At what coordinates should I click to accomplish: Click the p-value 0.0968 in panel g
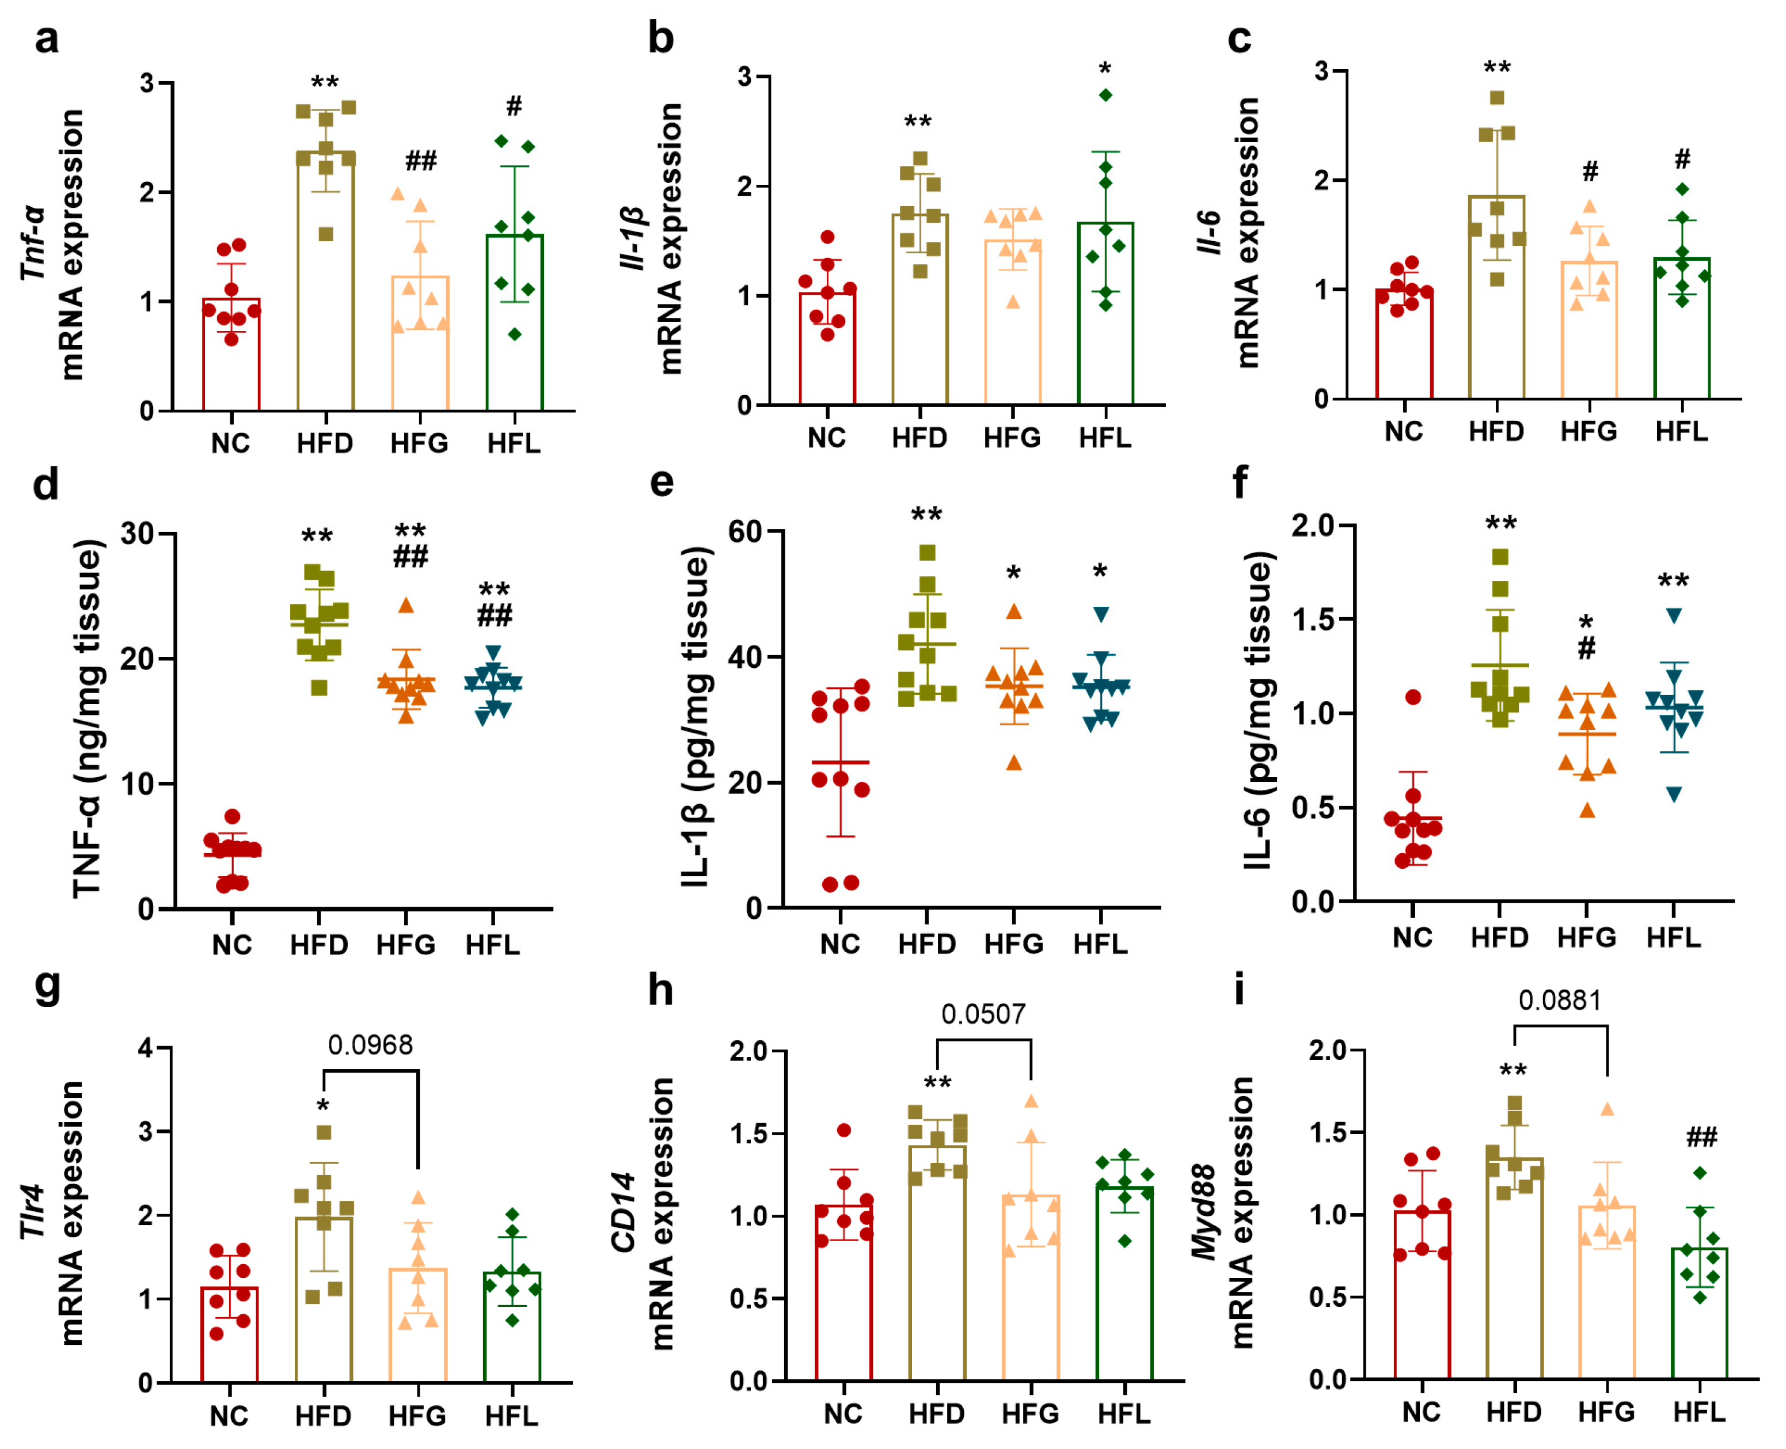[370, 1045]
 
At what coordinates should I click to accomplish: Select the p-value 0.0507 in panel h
[983, 1014]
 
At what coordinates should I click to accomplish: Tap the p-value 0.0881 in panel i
[1559, 1000]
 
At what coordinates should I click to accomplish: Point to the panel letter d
[46, 484]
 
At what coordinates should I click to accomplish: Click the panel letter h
[661, 991]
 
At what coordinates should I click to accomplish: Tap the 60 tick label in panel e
[745, 532]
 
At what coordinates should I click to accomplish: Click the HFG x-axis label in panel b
[1012, 438]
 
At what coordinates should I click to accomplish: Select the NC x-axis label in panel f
[1412, 937]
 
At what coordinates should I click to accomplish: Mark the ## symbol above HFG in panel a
[421, 160]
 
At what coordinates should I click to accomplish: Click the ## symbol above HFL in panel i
[1701, 1137]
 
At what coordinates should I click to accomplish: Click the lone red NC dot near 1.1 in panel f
[1412, 697]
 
